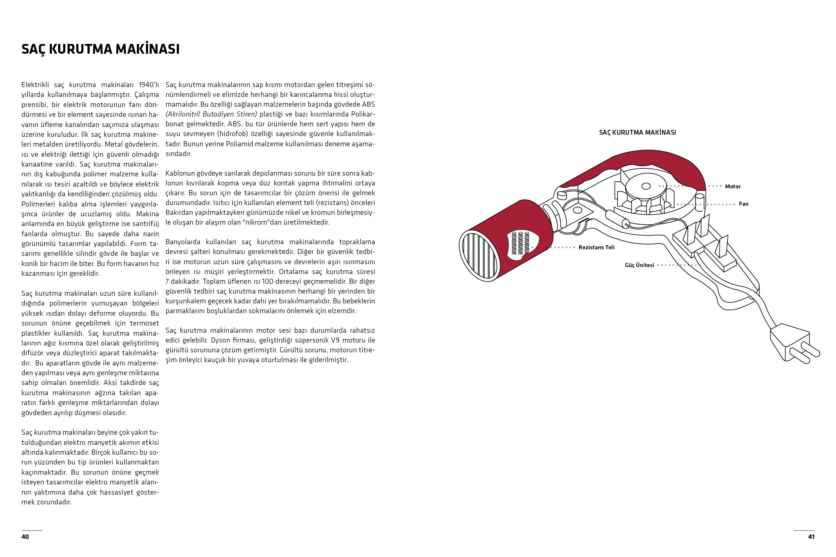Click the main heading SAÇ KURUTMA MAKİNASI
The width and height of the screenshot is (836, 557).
tap(101, 49)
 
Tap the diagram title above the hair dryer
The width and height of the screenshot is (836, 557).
tap(637, 132)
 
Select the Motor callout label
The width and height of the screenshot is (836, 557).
tap(733, 187)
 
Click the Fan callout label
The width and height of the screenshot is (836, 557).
tap(743, 204)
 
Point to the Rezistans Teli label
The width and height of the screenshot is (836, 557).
tap(596, 247)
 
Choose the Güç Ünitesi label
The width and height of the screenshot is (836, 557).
tap(639, 265)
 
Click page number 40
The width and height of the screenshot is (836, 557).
tap(25, 537)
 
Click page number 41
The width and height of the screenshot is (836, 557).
tap(811, 537)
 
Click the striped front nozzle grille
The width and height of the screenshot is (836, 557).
tap(478, 256)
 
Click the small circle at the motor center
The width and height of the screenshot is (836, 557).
tap(645, 187)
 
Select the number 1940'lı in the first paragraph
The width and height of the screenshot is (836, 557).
tap(148, 85)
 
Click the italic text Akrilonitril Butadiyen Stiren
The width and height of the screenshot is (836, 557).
tap(211, 114)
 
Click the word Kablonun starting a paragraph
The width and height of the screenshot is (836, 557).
tap(180, 173)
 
